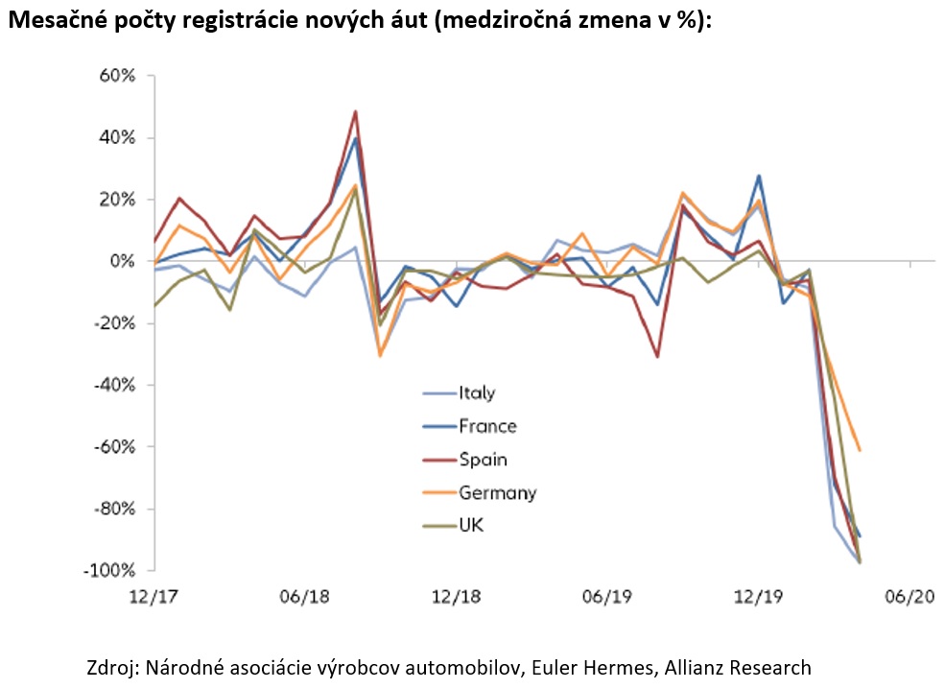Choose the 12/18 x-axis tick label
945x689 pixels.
point(455,596)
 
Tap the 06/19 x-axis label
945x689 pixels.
point(606,596)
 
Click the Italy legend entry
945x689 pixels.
point(476,392)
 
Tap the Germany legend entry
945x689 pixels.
point(497,493)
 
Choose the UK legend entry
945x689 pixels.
point(472,527)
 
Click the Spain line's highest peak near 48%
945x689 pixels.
point(356,111)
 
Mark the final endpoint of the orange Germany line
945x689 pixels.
point(860,449)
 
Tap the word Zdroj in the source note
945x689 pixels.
point(111,668)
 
